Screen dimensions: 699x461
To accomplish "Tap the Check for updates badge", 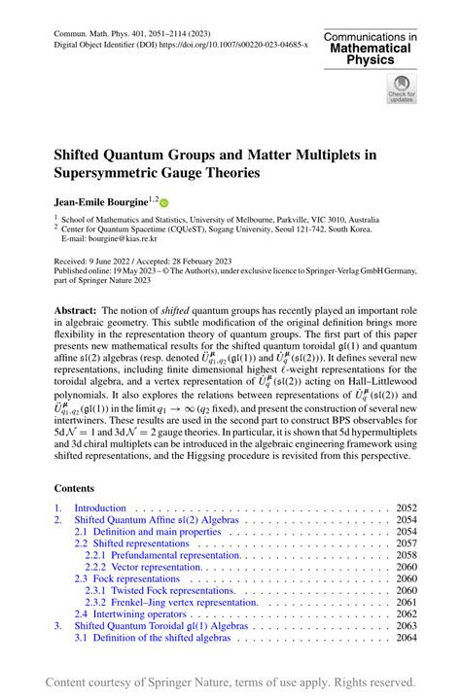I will (401, 88).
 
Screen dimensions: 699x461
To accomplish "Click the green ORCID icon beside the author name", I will (162, 203).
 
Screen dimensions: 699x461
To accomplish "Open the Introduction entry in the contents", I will (100, 507).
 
